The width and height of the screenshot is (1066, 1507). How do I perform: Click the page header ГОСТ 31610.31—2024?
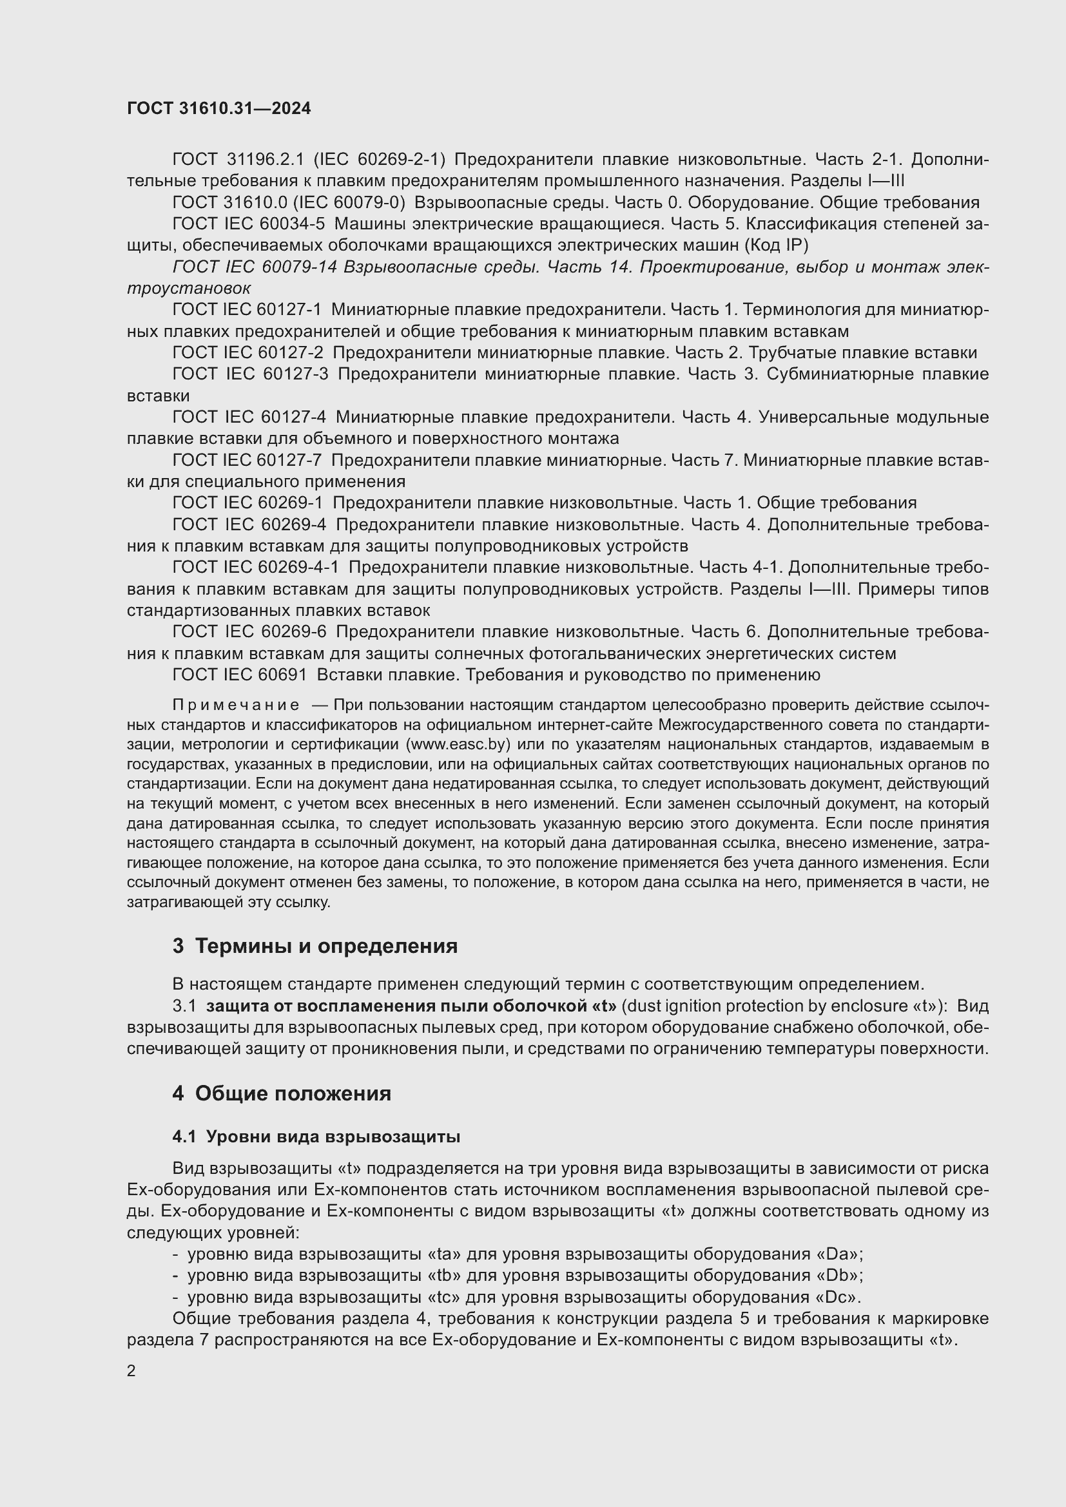(218, 108)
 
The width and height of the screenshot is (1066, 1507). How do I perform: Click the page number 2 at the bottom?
(131, 1370)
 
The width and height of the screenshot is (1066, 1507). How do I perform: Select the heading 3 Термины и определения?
(315, 946)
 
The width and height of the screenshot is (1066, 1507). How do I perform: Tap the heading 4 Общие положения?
(282, 1093)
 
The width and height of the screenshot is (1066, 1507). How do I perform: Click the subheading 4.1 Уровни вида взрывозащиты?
(316, 1136)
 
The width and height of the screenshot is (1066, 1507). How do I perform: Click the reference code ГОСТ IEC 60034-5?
(248, 224)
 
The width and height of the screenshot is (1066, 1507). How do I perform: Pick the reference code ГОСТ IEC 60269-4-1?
(255, 567)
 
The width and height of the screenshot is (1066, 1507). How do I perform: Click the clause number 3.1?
(184, 1006)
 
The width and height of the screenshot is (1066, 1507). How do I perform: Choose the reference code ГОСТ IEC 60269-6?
(249, 631)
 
